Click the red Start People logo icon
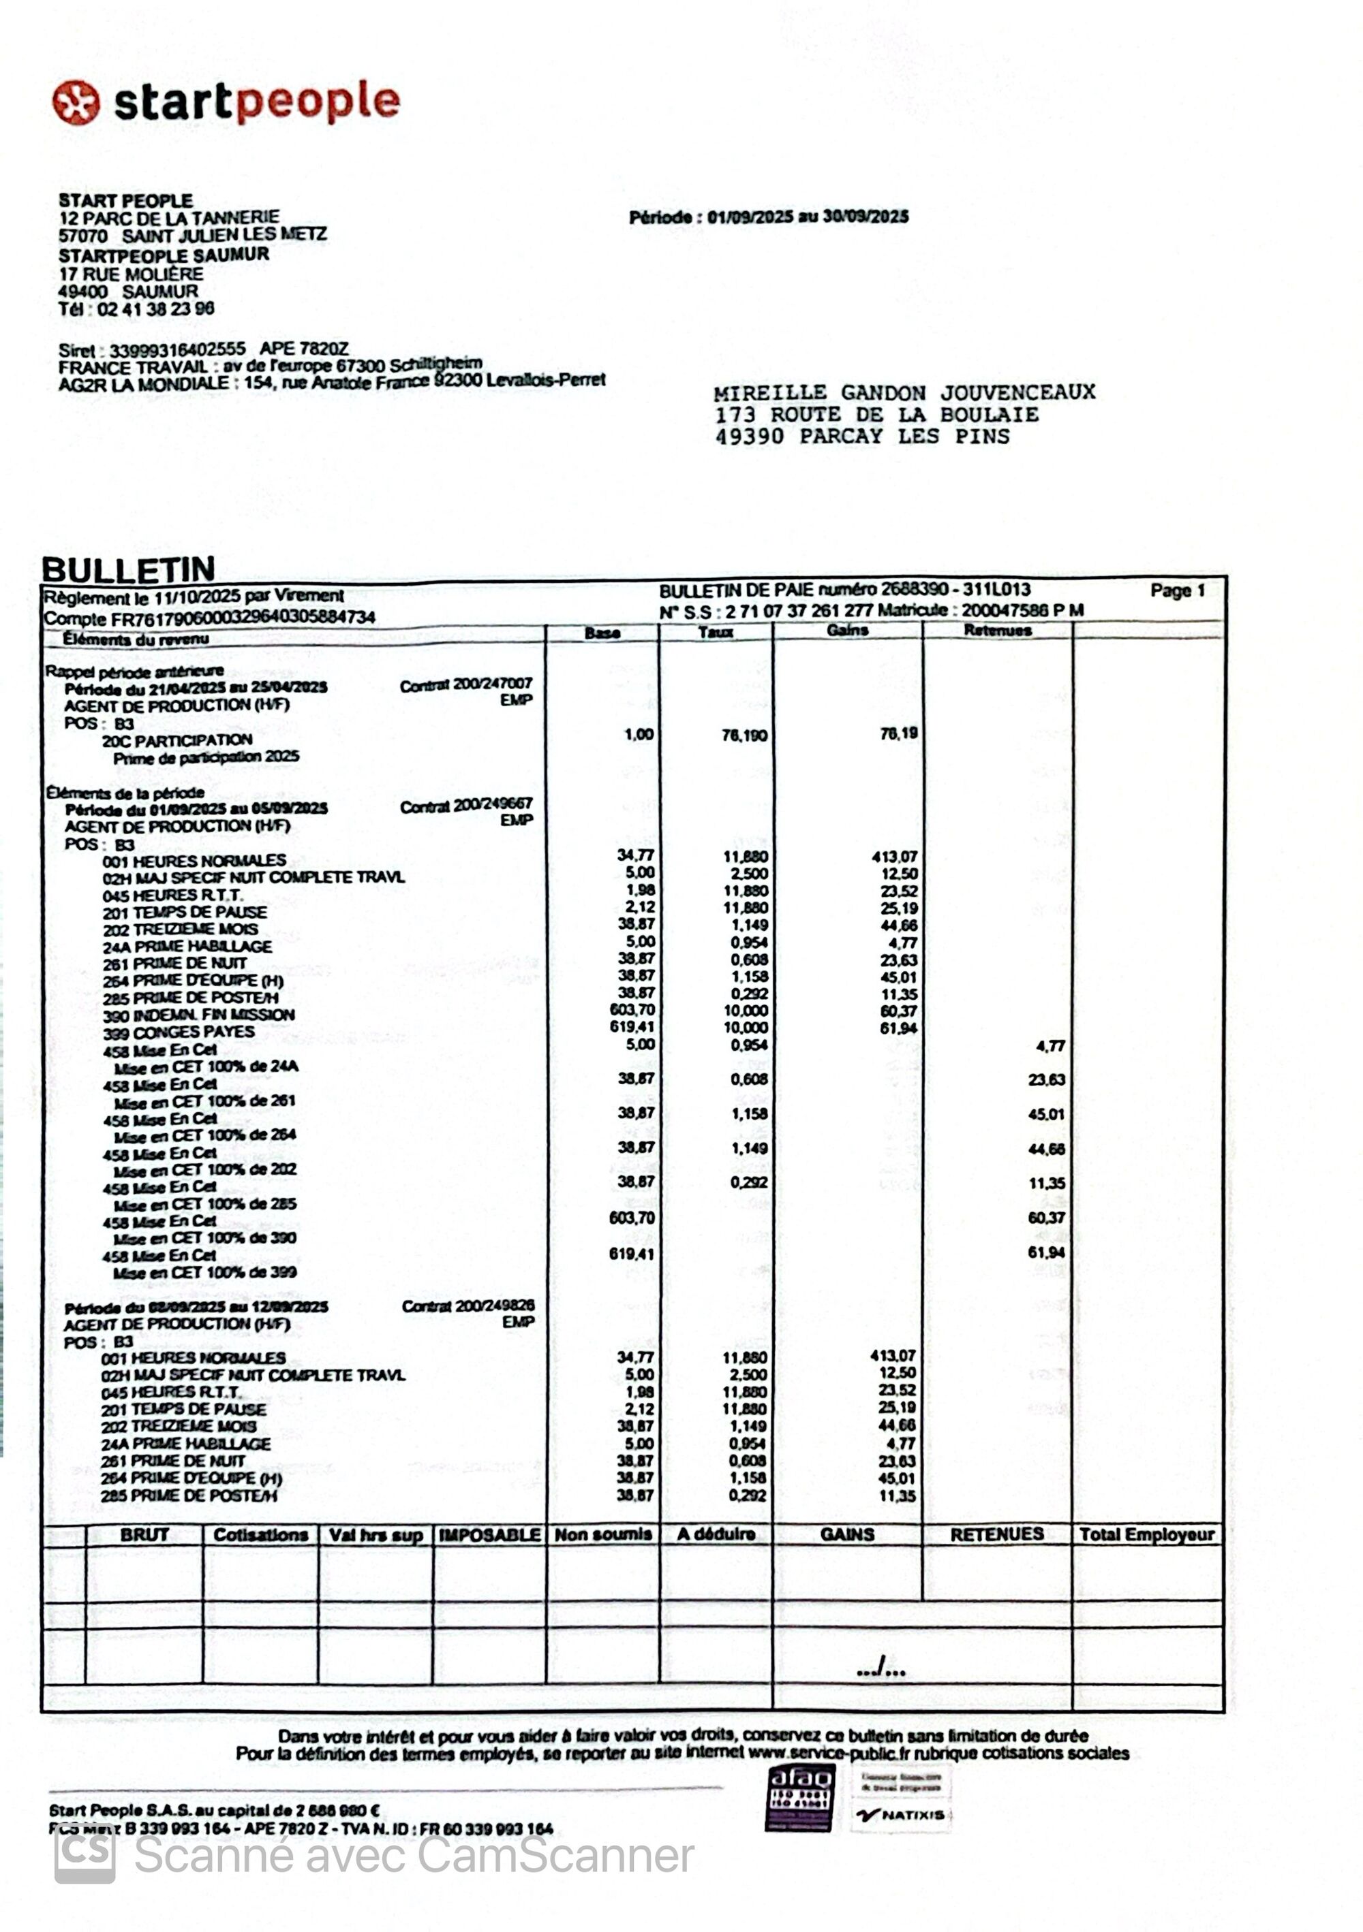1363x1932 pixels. pyautogui.click(x=76, y=103)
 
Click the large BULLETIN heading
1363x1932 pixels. pyautogui.click(x=129, y=570)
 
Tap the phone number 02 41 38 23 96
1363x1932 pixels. pyautogui.click(x=156, y=308)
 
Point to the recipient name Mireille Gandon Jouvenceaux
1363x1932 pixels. pyautogui.click(x=904, y=392)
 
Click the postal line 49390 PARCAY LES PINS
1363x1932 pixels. pyautogui.click(x=861, y=437)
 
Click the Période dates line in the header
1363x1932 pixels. pyautogui.click(x=768, y=217)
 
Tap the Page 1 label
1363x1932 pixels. pyautogui.click(x=1177, y=590)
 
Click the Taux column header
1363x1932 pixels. pyautogui.click(x=715, y=632)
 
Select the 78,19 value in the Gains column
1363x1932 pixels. pyautogui.click(x=898, y=733)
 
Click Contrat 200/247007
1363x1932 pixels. pyautogui.click(x=465, y=685)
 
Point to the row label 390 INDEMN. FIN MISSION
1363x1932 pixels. pyautogui.click(x=198, y=1015)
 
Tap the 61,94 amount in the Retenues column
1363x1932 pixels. pyautogui.click(x=1045, y=1253)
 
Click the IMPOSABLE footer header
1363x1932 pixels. pyautogui.click(x=489, y=1535)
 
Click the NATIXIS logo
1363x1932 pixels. pyautogui.click(x=900, y=1815)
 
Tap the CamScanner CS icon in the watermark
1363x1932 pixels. pyautogui.click(x=85, y=1854)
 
